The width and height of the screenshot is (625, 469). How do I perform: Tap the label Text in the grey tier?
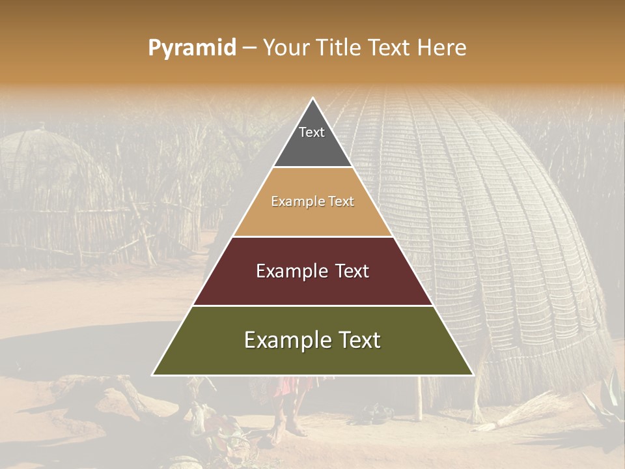click(312, 132)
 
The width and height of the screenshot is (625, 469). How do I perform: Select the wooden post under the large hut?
click(420, 397)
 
